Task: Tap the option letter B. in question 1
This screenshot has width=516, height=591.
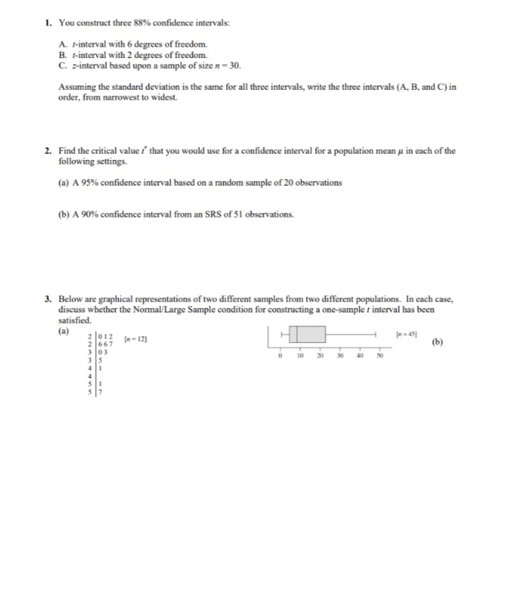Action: tap(62, 55)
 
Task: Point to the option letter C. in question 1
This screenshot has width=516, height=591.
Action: tap(62, 65)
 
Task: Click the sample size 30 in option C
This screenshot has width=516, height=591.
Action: tap(235, 65)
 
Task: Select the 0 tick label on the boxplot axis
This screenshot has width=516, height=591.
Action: tap(281, 356)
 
